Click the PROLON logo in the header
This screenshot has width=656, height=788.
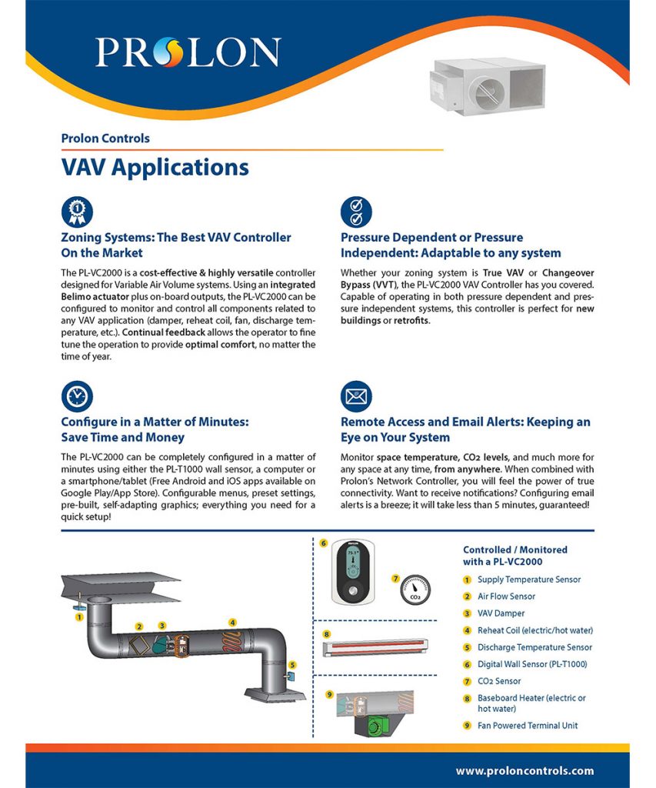pyautogui.click(x=188, y=52)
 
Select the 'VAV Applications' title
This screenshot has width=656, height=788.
pyautogui.click(x=155, y=167)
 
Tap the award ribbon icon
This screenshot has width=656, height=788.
pyautogui.click(x=77, y=211)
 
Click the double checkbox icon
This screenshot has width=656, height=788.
pyautogui.click(x=356, y=211)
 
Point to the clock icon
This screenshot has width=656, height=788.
pyautogui.click(x=77, y=396)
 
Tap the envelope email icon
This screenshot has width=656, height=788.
pyautogui.click(x=356, y=396)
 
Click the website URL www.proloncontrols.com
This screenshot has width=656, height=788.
pyautogui.click(x=524, y=770)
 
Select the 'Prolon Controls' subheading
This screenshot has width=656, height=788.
pyautogui.click(x=105, y=139)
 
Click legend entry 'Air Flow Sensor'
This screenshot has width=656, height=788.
pyautogui.click(x=506, y=596)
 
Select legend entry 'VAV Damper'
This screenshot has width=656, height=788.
pyautogui.click(x=501, y=613)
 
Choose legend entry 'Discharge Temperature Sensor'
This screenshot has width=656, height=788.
pyautogui.click(x=534, y=647)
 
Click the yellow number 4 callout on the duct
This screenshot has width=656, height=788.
pyautogui.click(x=232, y=622)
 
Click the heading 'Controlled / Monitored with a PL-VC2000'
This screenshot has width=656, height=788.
pyautogui.click(x=514, y=556)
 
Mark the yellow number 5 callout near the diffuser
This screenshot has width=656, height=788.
pyautogui.click(x=292, y=664)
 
